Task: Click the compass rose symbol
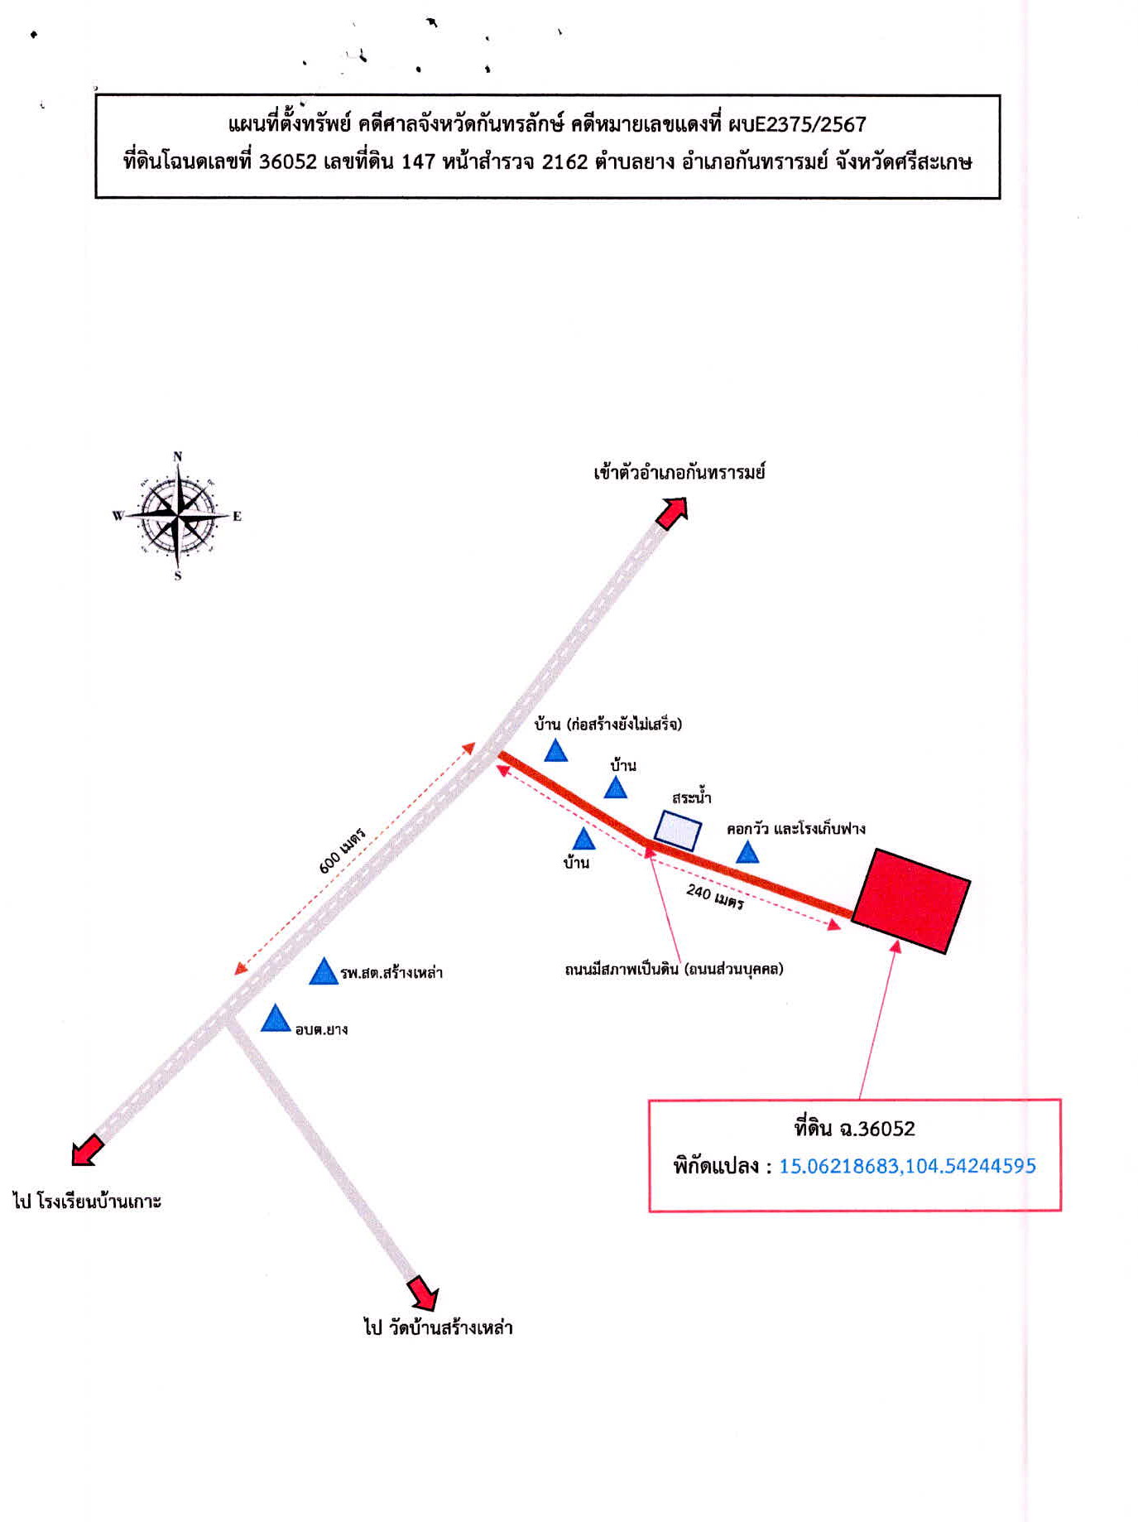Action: (x=177, y=516)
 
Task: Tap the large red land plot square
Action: (x=911, y=900)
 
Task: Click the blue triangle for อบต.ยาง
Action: (x=276, y=1019)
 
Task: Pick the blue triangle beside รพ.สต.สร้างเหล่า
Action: (x=324, y=972)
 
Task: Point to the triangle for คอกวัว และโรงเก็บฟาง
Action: (x=747, y=853)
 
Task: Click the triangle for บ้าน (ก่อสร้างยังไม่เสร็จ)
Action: (x=555, y=751)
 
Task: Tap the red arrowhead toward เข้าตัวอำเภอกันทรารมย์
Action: (x=672, y=512)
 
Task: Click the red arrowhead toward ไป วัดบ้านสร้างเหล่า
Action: (x=424, y=1293)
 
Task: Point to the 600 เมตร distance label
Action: (x=343, y=850)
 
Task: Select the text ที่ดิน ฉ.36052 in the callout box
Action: (x=854, y=1129)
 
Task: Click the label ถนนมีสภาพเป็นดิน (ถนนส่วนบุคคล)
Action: (x=674, y=969)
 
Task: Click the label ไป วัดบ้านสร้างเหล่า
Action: (x=439, y=1327)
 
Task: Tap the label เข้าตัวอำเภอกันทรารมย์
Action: (x=679, y=473)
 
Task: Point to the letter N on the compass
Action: (x=177, y=456)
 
